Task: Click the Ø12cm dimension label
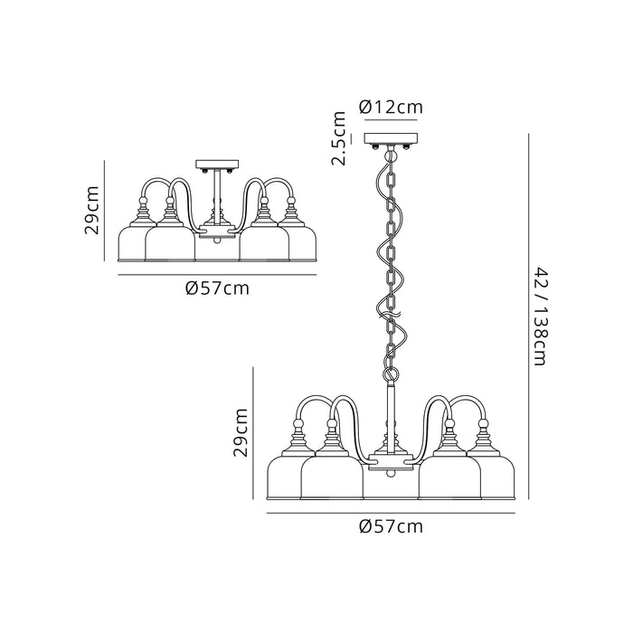click(391, 108)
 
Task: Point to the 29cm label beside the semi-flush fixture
click(92, 213)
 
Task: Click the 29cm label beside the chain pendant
click(241, 432)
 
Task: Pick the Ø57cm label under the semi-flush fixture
click(217, 288)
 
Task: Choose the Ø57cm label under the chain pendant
click(391, 525)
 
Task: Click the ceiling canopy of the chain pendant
click(391, 140)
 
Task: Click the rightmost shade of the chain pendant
click(496, 478)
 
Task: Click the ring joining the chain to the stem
click(391, 373)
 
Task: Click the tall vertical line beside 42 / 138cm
click(528, 316)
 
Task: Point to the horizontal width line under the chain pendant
click(391, 512)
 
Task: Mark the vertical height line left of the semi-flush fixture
click(106, 212)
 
